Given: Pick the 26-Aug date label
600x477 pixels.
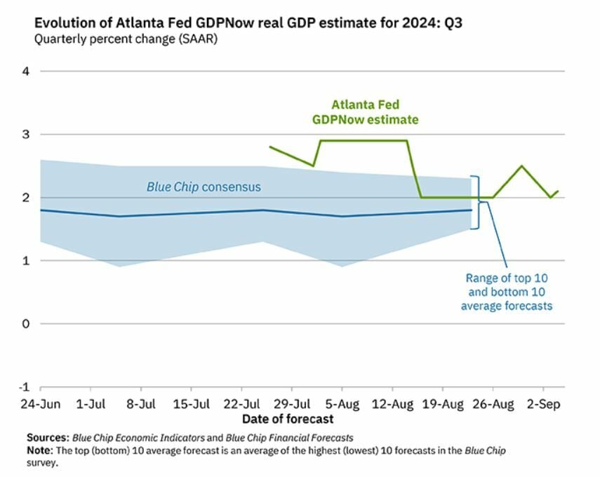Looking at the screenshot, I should click(x=493, y=405).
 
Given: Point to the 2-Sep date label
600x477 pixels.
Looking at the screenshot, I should click(x=544, y=405).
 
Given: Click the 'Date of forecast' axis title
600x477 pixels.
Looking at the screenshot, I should click(x=288, y=419).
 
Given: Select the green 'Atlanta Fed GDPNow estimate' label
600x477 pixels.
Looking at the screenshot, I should click(x=365, y=112).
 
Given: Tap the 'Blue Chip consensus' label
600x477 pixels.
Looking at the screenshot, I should click(x=204, y=187).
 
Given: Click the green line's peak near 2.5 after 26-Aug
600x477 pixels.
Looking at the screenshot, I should click(x=521, y=166).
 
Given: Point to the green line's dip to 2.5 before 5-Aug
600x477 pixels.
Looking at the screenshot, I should click(x=313, y=166).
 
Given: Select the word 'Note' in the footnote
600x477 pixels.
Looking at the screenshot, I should click(x=40, y=450).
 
